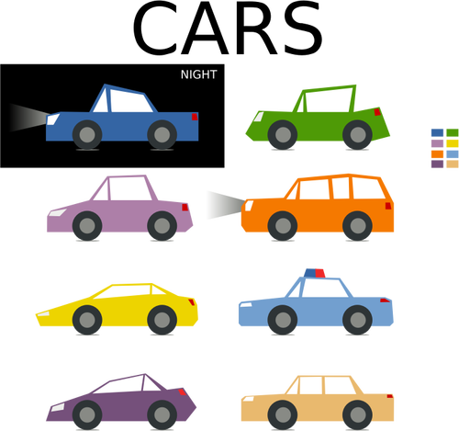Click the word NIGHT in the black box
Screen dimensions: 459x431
(x=199, y=74)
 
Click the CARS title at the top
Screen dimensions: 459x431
(x=227, y=28)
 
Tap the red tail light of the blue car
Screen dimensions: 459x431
(x=195, y=117)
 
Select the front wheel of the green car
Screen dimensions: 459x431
(x=283, y=134)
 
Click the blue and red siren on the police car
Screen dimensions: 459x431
(x=315, y=273)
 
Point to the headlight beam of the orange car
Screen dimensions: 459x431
(x=226, y=205)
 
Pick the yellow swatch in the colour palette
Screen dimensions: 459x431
(x=453, y=143)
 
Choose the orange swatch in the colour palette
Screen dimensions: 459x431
(x=437, y=153)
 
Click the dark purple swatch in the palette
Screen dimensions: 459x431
(x=437, y=164)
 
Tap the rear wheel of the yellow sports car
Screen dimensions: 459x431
(x=162, y=320)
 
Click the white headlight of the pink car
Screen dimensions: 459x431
(x=58, y=212)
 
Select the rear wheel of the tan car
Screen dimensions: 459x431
(x=357, y=414)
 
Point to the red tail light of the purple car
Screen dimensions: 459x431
(x=183, y=391)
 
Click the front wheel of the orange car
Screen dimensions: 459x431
(x=283, y=226)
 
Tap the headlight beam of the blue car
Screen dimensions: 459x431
(x=29, y=118)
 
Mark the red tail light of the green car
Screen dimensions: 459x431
(x=377, y=112)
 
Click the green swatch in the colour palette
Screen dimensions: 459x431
(x=453, y=132)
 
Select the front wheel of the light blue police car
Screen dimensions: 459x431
(x=283, y=320)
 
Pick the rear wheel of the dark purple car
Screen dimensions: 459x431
(x=162, y=414)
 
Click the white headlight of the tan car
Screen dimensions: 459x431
(x=248, y=399)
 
